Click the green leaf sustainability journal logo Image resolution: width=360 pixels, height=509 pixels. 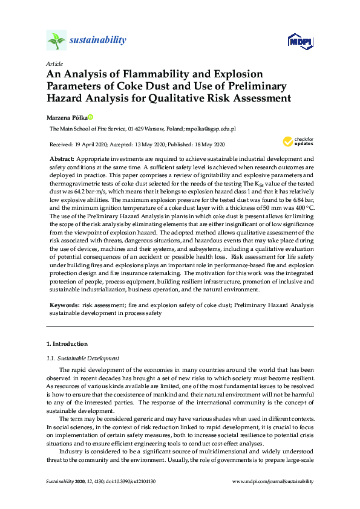point(56,41)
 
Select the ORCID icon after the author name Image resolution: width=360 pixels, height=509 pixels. point(90,117)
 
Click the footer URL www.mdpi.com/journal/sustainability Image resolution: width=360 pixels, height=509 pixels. point(273,481)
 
